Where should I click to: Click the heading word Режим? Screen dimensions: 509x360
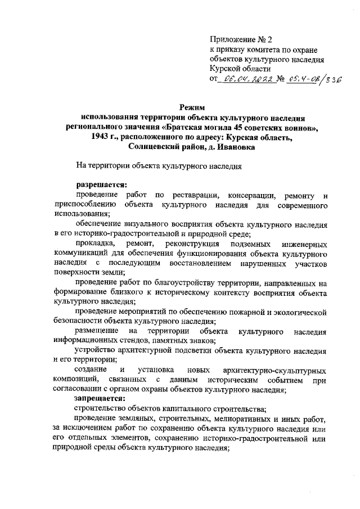[x=192, y=107]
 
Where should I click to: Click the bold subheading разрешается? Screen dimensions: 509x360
[x=102, y=184]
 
